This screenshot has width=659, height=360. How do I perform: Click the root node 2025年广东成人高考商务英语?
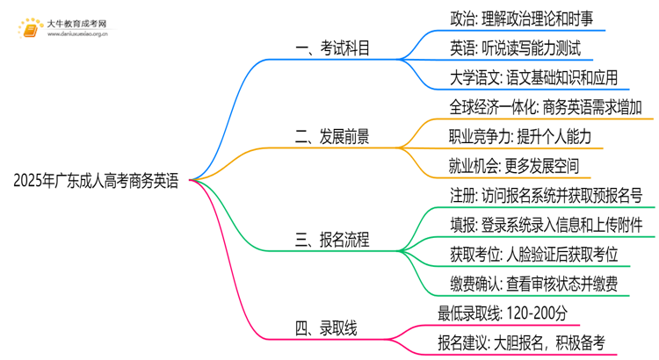coord(96,182)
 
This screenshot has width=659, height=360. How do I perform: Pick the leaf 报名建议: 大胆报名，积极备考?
coord(519,342)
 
